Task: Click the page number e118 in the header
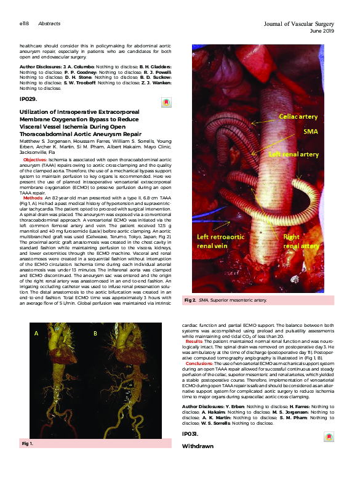(25, 23)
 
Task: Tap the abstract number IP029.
(28, 98)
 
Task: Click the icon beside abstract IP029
(165, 103)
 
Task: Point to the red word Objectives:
(44, 159)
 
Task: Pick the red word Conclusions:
(199, 364)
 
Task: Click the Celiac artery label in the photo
(298, 116)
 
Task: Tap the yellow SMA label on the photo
(310, 132)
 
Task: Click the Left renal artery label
(292, 155)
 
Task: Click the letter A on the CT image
(37, 333)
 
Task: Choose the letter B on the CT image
(95, 333)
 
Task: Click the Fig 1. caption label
(28, 443)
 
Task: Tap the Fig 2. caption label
(190, 300)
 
